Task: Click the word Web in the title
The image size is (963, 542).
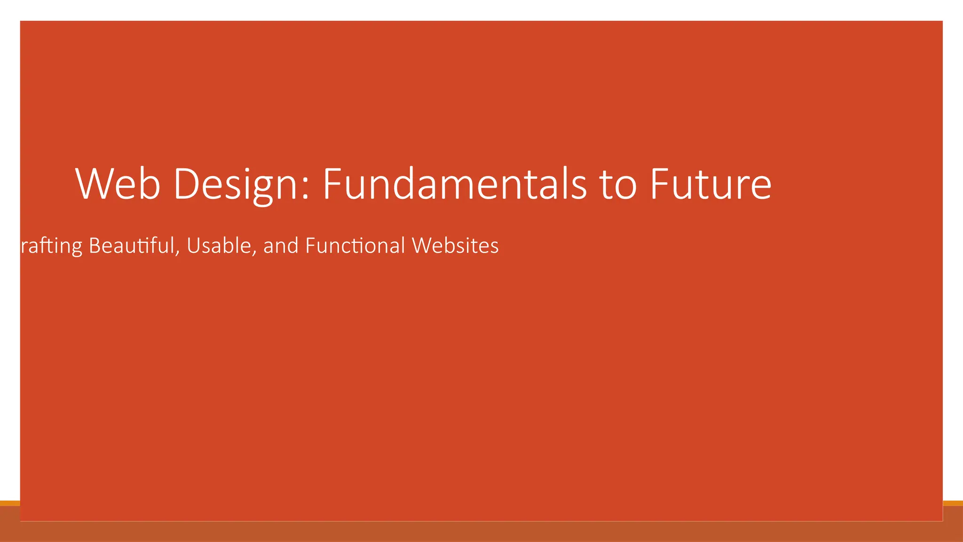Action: pyautogui.click(x=118, y=184)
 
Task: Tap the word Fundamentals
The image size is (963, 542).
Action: pyautogui.click(x=454, y=184)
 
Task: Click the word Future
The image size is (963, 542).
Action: pyautogui.click(x=710, y=184)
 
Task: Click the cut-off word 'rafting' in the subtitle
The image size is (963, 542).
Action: pyautogui.click(x=52, y=246)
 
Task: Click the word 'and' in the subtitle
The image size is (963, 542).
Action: pyautogui.click(x=281, y=246)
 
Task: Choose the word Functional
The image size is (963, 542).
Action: pyautogui.click(x=355, y=246)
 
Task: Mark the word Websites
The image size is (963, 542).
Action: pyautogui.click(x=455, y=246)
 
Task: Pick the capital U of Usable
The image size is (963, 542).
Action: pyautogui.click(x=193, y=246)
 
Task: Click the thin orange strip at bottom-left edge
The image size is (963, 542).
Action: pyautogui.click(x=9, y=503)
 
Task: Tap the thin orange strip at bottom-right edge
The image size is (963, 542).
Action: pyautogui.click(x=953, y=503)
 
